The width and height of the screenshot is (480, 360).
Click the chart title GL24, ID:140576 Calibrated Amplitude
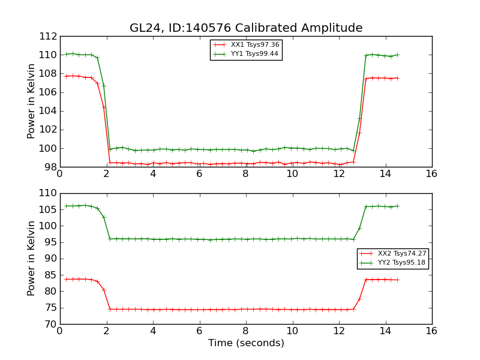tap(246, 28)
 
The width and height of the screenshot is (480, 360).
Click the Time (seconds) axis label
tap(246, 343)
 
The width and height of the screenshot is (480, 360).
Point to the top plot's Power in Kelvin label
tap(32, 101)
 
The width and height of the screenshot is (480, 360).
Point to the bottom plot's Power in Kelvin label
tap(32, 259)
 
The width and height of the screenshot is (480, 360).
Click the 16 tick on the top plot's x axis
tap(431, 174)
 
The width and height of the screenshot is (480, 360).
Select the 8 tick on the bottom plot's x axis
tap(246, 331)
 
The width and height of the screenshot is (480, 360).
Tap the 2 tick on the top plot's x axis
tap(107, 174)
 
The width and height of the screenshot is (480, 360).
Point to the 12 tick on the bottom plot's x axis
tap(339, 331)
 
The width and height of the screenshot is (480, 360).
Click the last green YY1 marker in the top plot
tap(397, 55)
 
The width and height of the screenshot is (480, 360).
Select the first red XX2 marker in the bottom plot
tap(66, 279)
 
